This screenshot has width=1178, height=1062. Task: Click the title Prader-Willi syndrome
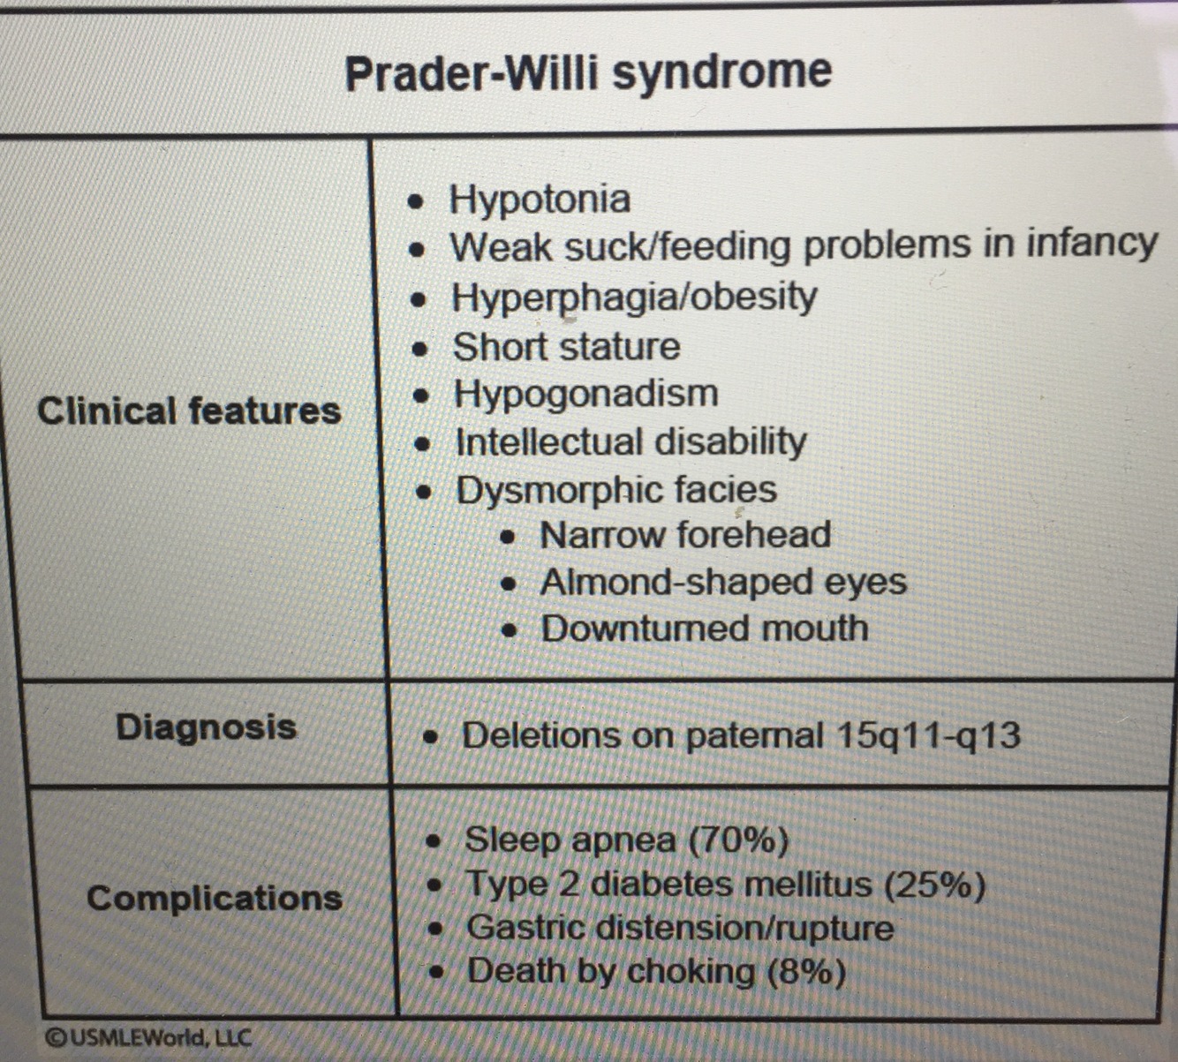click(588, 72)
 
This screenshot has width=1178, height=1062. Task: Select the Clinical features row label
click(189, 410)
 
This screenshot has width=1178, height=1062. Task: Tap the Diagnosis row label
click(206, 727)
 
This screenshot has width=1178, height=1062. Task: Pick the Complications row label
click(215, 897)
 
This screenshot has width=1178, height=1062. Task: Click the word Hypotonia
click(540, 199)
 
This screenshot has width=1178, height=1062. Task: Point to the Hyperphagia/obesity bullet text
click(634, 297)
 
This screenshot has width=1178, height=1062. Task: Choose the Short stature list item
click(566, 346)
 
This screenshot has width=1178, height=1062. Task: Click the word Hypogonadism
click(585, 394)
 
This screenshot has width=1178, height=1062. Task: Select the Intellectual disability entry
click(631, 441)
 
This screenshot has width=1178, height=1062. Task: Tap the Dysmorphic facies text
click(615, 490)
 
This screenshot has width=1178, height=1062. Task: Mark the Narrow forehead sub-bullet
click(685, 535)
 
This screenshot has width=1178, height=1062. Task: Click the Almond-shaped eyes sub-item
click(723, 582)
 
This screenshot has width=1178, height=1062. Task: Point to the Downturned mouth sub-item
click(705, 629)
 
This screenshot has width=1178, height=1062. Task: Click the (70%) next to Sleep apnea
click(738, 840)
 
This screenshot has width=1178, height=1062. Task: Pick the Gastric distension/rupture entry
click(680, 928)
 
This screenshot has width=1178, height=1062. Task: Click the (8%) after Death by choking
click(806, 972)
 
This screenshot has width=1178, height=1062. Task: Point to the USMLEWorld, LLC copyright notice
click(148, 1037)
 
